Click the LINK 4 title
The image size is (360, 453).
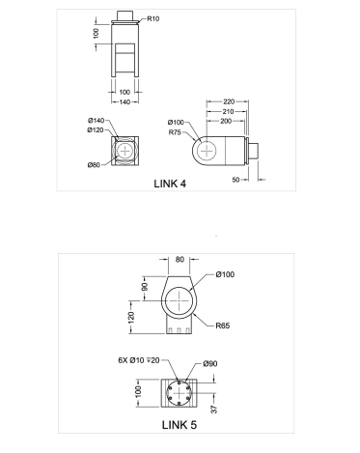[170, 184]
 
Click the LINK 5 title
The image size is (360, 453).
[180, 425]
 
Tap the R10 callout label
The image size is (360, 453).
[153, 18]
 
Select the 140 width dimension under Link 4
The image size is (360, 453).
[125, 102]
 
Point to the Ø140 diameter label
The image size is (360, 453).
[97, 121]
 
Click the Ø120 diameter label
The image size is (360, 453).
[96, 129]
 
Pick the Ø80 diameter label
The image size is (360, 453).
[94, 165]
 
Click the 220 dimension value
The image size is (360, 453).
[229, 101]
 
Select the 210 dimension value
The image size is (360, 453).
[228, 112]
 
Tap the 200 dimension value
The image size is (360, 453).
[226, 121]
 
